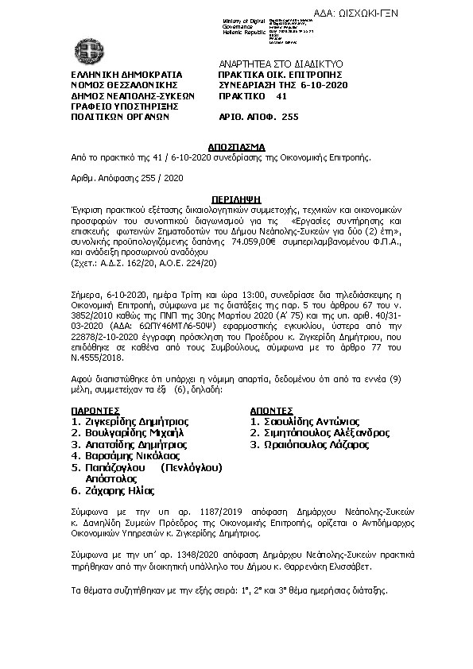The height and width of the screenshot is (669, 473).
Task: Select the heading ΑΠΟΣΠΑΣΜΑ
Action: click(x=235, y=148)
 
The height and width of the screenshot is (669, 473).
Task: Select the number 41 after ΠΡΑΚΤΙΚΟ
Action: click(x=281, y=95)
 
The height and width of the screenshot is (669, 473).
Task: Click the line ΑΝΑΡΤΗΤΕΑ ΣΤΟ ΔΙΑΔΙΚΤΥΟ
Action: click(x=279, y=62)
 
